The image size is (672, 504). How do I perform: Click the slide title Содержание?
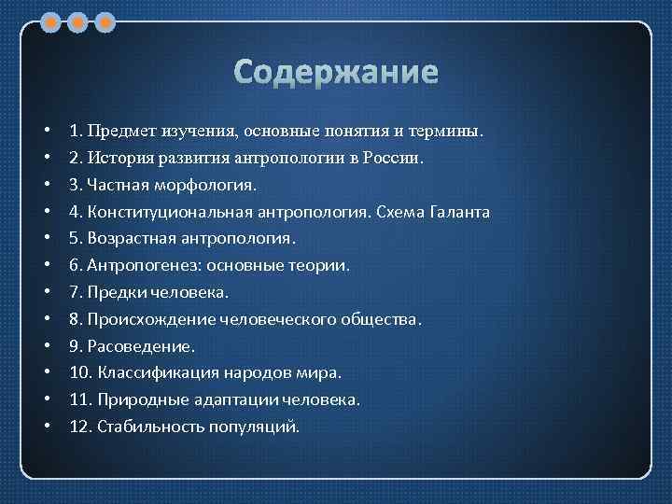(335, 72)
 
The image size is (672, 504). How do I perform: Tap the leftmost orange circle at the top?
(52, 21)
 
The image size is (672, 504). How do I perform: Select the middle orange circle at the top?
(78, 21)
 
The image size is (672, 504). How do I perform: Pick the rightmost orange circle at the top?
(105, 21)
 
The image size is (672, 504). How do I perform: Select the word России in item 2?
(396, 159)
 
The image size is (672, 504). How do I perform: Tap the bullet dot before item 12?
(47, 427)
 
